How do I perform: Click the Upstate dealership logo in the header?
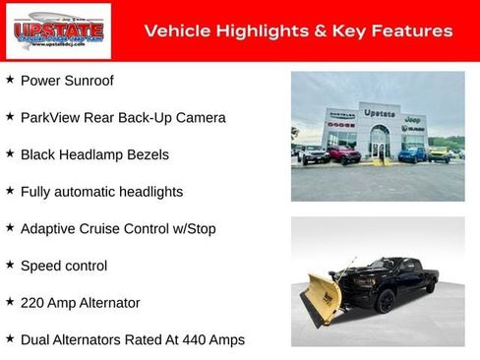click(46, 30)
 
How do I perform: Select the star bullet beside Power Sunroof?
click(10, 80)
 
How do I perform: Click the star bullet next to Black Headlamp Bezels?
click(10, 153)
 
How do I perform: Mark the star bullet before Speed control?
click(10, 265)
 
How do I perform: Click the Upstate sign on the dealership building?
click(379, 113)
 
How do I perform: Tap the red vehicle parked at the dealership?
click(343, 154)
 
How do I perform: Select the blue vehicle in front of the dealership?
click(413, 153)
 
